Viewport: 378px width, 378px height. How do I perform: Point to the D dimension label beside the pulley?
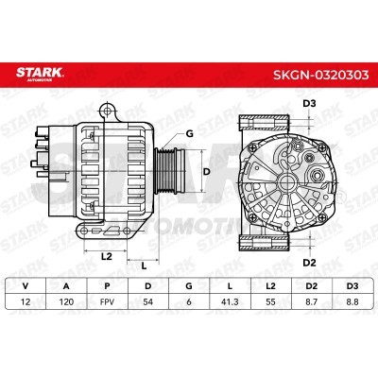(207, 171)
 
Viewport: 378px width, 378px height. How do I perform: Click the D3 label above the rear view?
(308, 103)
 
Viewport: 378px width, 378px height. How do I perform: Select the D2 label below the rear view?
(308, 262)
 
